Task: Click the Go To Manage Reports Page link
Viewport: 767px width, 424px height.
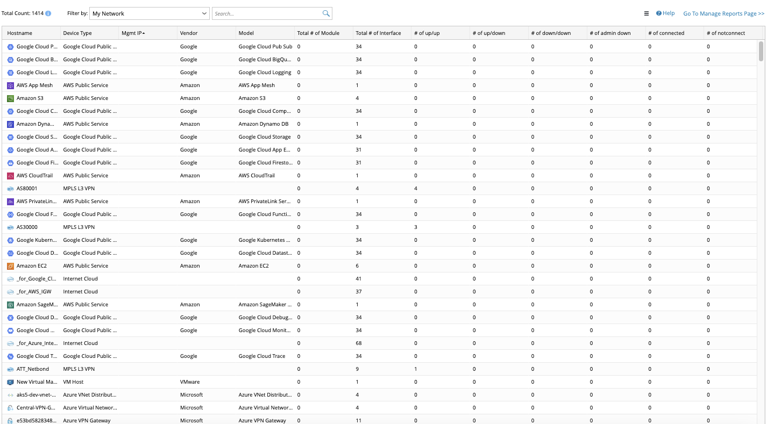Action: [x=723, y=13]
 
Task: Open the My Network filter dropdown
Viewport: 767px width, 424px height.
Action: [x=149, y=13]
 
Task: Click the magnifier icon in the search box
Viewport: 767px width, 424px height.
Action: [x=326, y=13]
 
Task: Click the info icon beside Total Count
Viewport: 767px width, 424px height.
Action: [x=48, y=13]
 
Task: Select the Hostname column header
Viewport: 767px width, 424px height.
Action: [x=20, y=33]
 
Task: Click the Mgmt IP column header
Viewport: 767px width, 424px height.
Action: [x=132, y=33]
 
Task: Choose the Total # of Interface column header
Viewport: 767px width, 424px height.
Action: [x=378, y=33]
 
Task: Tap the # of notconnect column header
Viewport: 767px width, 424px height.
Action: [x=726, y=33]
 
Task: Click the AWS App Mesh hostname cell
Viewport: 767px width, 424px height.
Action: [x=35, y=85]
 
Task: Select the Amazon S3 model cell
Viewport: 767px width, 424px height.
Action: [x=252, y=98]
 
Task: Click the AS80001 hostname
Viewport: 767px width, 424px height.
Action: [x=27, y=189]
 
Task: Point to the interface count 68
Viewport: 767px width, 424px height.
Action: [x=359, y=343]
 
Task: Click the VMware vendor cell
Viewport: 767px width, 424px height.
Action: [x=190, y=382]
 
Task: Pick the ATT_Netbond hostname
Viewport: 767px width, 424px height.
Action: [x=33, y=369]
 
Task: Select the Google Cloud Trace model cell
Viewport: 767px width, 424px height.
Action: [x=262, y=356]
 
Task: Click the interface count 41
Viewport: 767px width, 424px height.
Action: [x=359, y=279]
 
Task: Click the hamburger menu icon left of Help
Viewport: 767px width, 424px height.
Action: [x=647, y=13]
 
